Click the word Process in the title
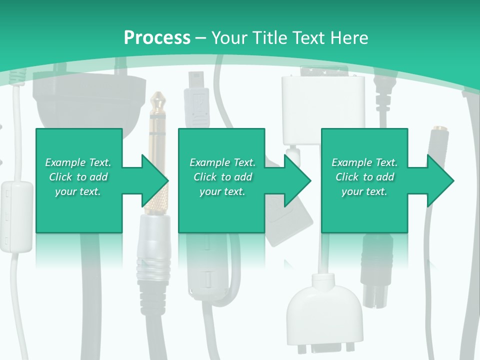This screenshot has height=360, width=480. (157, 37)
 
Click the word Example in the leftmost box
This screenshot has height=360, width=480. (64, 162)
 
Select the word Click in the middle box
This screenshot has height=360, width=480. (204, 177)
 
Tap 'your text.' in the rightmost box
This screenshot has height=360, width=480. (364, 191)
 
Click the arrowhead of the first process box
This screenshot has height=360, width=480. (155, 180)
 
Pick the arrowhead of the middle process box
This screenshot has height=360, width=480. (298, 180)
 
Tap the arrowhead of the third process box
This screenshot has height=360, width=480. (440, 180)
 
